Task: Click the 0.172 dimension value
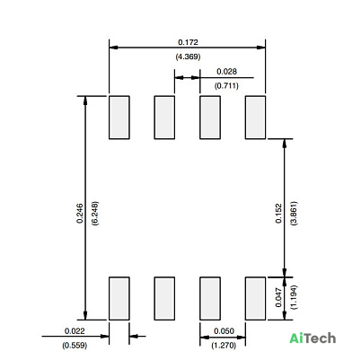(188, 42)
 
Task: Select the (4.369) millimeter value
(188, 57)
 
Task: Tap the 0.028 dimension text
(226, 72)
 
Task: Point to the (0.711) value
(226, 85)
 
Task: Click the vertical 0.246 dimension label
(80, 214)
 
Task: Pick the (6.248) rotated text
(95, 214)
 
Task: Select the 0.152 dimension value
(278, 214)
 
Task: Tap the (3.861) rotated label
(294, 214)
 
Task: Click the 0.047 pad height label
(278, 297)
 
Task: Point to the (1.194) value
(294, 297)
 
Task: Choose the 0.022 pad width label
(75, 331)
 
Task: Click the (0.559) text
(75, 346)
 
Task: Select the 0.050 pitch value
(224, 331)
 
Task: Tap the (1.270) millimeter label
(224, 346)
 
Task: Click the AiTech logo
(313, 338)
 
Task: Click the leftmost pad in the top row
(119, 118)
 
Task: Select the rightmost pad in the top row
(255, 118)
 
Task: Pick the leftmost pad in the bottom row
(119, 298)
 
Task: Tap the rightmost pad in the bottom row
(255, 298)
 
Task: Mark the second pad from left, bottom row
(164, 298)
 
